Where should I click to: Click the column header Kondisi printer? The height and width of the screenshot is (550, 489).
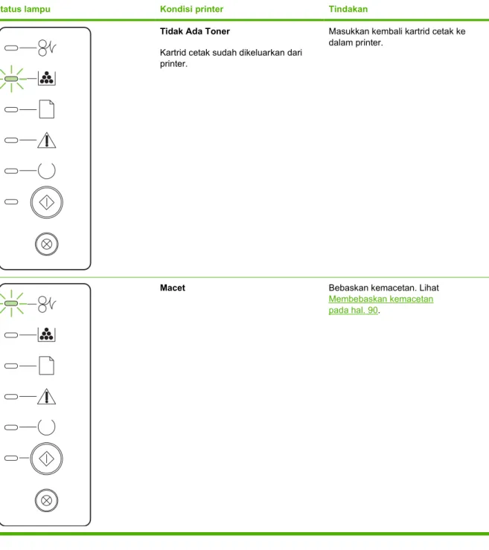[x=191, y=9]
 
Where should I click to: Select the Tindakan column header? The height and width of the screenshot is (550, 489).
[x=348, y=9]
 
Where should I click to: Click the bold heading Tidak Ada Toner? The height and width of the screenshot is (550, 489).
[x=194, y=31]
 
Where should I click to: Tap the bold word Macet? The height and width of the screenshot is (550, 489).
[x=173, y=288]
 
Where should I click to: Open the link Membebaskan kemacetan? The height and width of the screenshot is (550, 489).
[x=381, y=299]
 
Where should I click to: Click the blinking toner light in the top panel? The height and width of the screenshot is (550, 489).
[x=11, y=79]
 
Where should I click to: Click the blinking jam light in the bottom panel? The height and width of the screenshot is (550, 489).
[x=11, y=303]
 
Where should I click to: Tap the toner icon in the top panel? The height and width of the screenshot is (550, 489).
[x=47, y=78]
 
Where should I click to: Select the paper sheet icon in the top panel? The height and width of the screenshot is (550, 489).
[x=47, y=109]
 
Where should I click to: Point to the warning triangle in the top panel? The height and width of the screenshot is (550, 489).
[x=47, y=140]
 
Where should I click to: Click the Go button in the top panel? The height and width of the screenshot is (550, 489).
[x=47, y=202]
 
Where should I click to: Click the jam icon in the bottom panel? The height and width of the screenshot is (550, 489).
[x=47, y=304]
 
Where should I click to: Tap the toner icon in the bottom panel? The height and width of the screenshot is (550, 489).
[x=47, y=334]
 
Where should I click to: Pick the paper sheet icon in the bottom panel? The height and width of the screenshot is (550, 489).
[x=47, y=366]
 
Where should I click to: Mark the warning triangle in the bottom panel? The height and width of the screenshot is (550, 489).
[x=47, y=397]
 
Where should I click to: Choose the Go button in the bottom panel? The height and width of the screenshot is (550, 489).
[x=46, y=459]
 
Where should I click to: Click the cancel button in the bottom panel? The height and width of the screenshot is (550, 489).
[x=46, y=500]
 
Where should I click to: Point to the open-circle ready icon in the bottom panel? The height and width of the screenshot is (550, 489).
[x=46, y=436]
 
